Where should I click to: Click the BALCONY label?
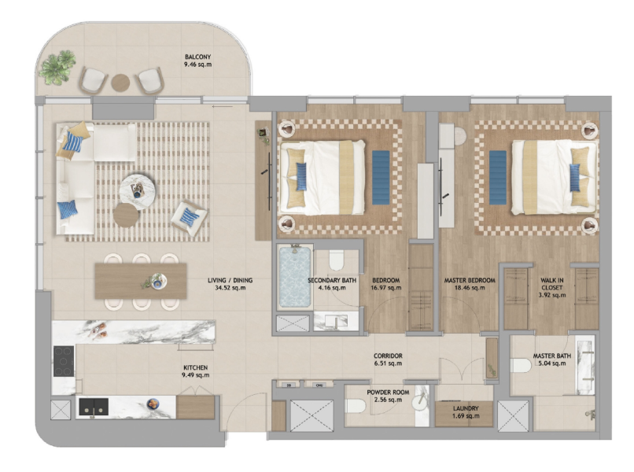coord(197,57)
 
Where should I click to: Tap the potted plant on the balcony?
coord(57,67)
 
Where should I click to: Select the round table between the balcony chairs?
coord(120,83)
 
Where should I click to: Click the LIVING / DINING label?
coord(230,280)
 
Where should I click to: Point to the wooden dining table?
coord(141,281)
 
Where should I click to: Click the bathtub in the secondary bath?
coord(295,277)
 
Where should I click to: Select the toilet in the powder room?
coord(356,406)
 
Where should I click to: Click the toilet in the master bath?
coord(521,366)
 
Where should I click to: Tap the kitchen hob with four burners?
coord(64,361)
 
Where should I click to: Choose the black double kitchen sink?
coord(94,407)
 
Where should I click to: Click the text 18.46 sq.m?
coord(470,288)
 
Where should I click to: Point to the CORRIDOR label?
coord(388,356)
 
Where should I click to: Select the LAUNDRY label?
coord(466,408)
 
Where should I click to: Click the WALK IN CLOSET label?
coord(552,284)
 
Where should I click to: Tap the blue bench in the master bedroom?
coord(497,177)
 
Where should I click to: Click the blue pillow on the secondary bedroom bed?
coord(301,176)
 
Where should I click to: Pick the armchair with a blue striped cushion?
coord(189,217)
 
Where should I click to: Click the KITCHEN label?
coord(196,367)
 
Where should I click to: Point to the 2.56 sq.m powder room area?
coord(388,400)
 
